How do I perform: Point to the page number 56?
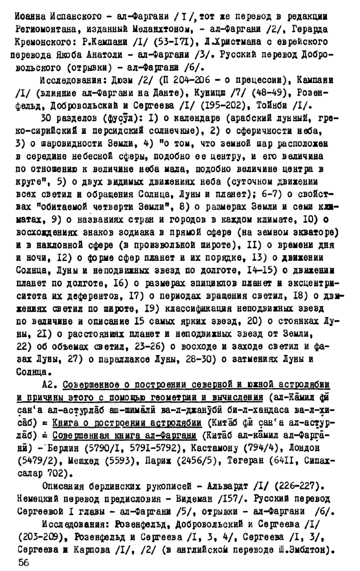click(x=23, y=563)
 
